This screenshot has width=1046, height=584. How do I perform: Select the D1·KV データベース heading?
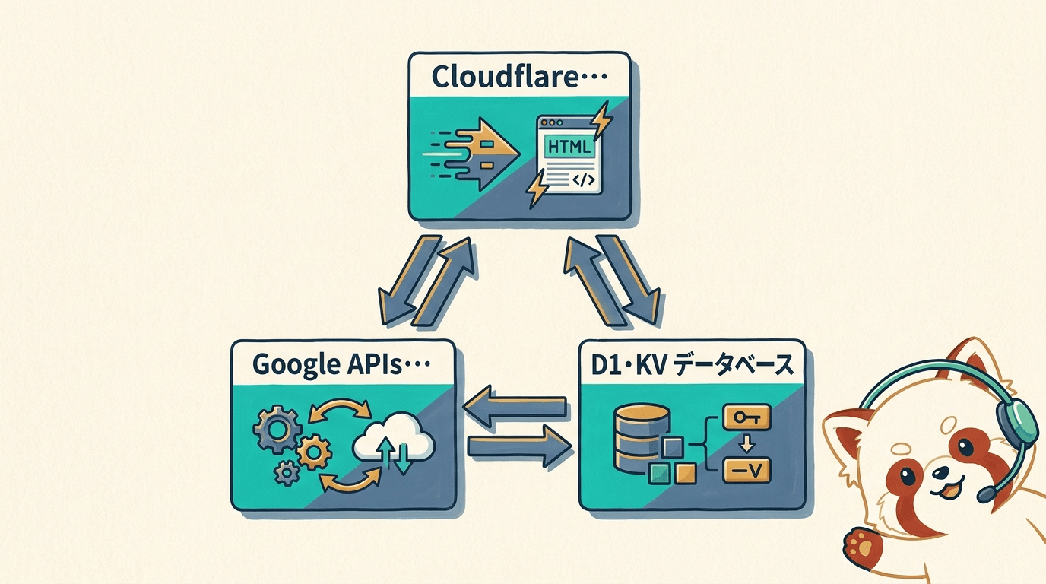[x=692, y=364]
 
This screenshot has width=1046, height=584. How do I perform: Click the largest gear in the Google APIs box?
[x=277, y=429]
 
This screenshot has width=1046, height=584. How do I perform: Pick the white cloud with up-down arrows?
[x=394, y=442]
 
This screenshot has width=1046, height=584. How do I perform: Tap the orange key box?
[x=746, y=417]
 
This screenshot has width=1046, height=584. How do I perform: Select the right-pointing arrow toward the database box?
[x=519, y=446]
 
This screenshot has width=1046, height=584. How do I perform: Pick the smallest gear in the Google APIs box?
[x=287, y=474]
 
